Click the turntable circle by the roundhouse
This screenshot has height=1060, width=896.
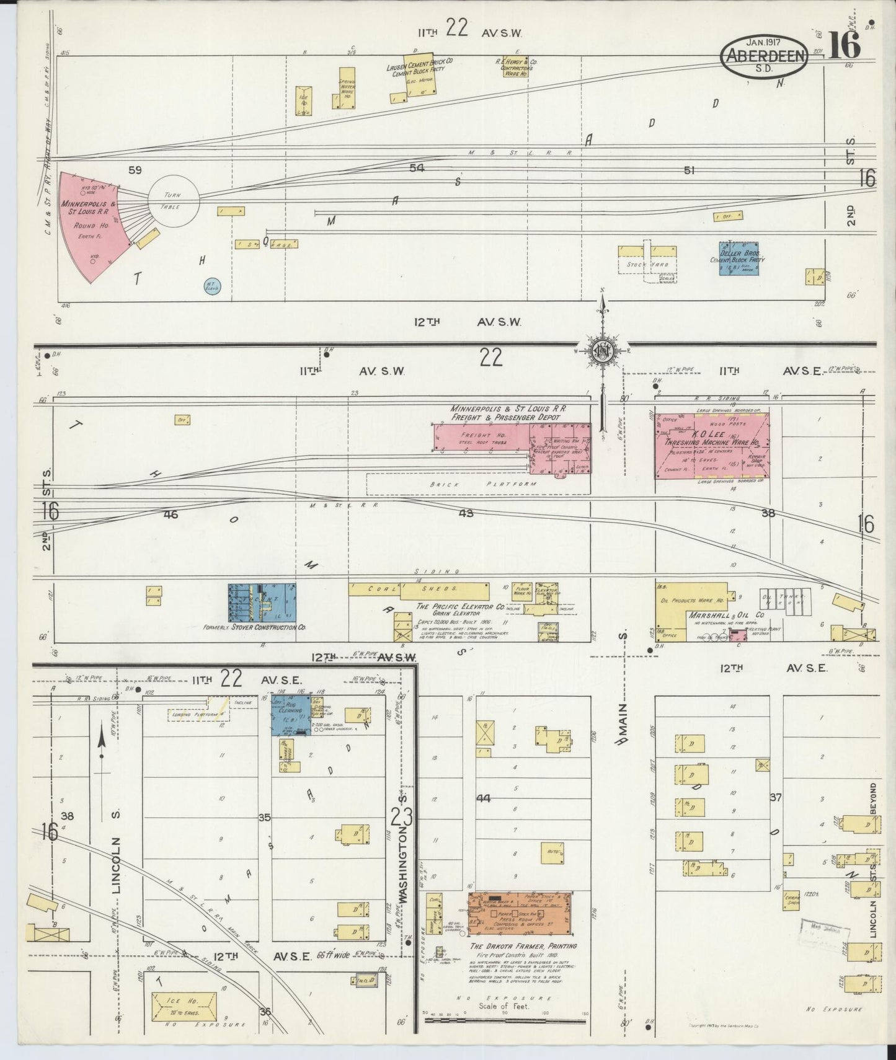[174, 200]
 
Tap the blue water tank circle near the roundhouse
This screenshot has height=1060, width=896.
[211, 286]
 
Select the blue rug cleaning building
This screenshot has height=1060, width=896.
[290, 715]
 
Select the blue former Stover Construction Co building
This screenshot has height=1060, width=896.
[262, 602]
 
